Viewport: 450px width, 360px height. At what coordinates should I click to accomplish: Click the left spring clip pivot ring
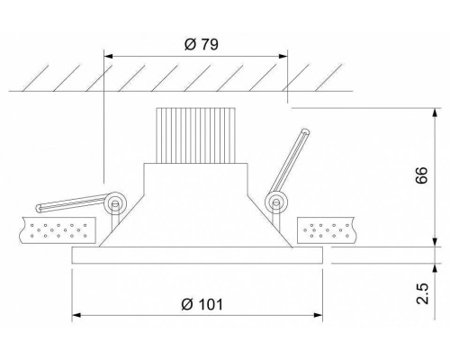114,203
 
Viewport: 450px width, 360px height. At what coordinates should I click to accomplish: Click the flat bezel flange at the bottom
197,257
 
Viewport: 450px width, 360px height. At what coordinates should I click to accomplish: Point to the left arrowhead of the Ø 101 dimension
77,316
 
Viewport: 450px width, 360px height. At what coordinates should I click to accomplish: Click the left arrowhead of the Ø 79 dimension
110,56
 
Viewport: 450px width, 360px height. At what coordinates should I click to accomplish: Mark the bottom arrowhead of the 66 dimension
437,243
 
